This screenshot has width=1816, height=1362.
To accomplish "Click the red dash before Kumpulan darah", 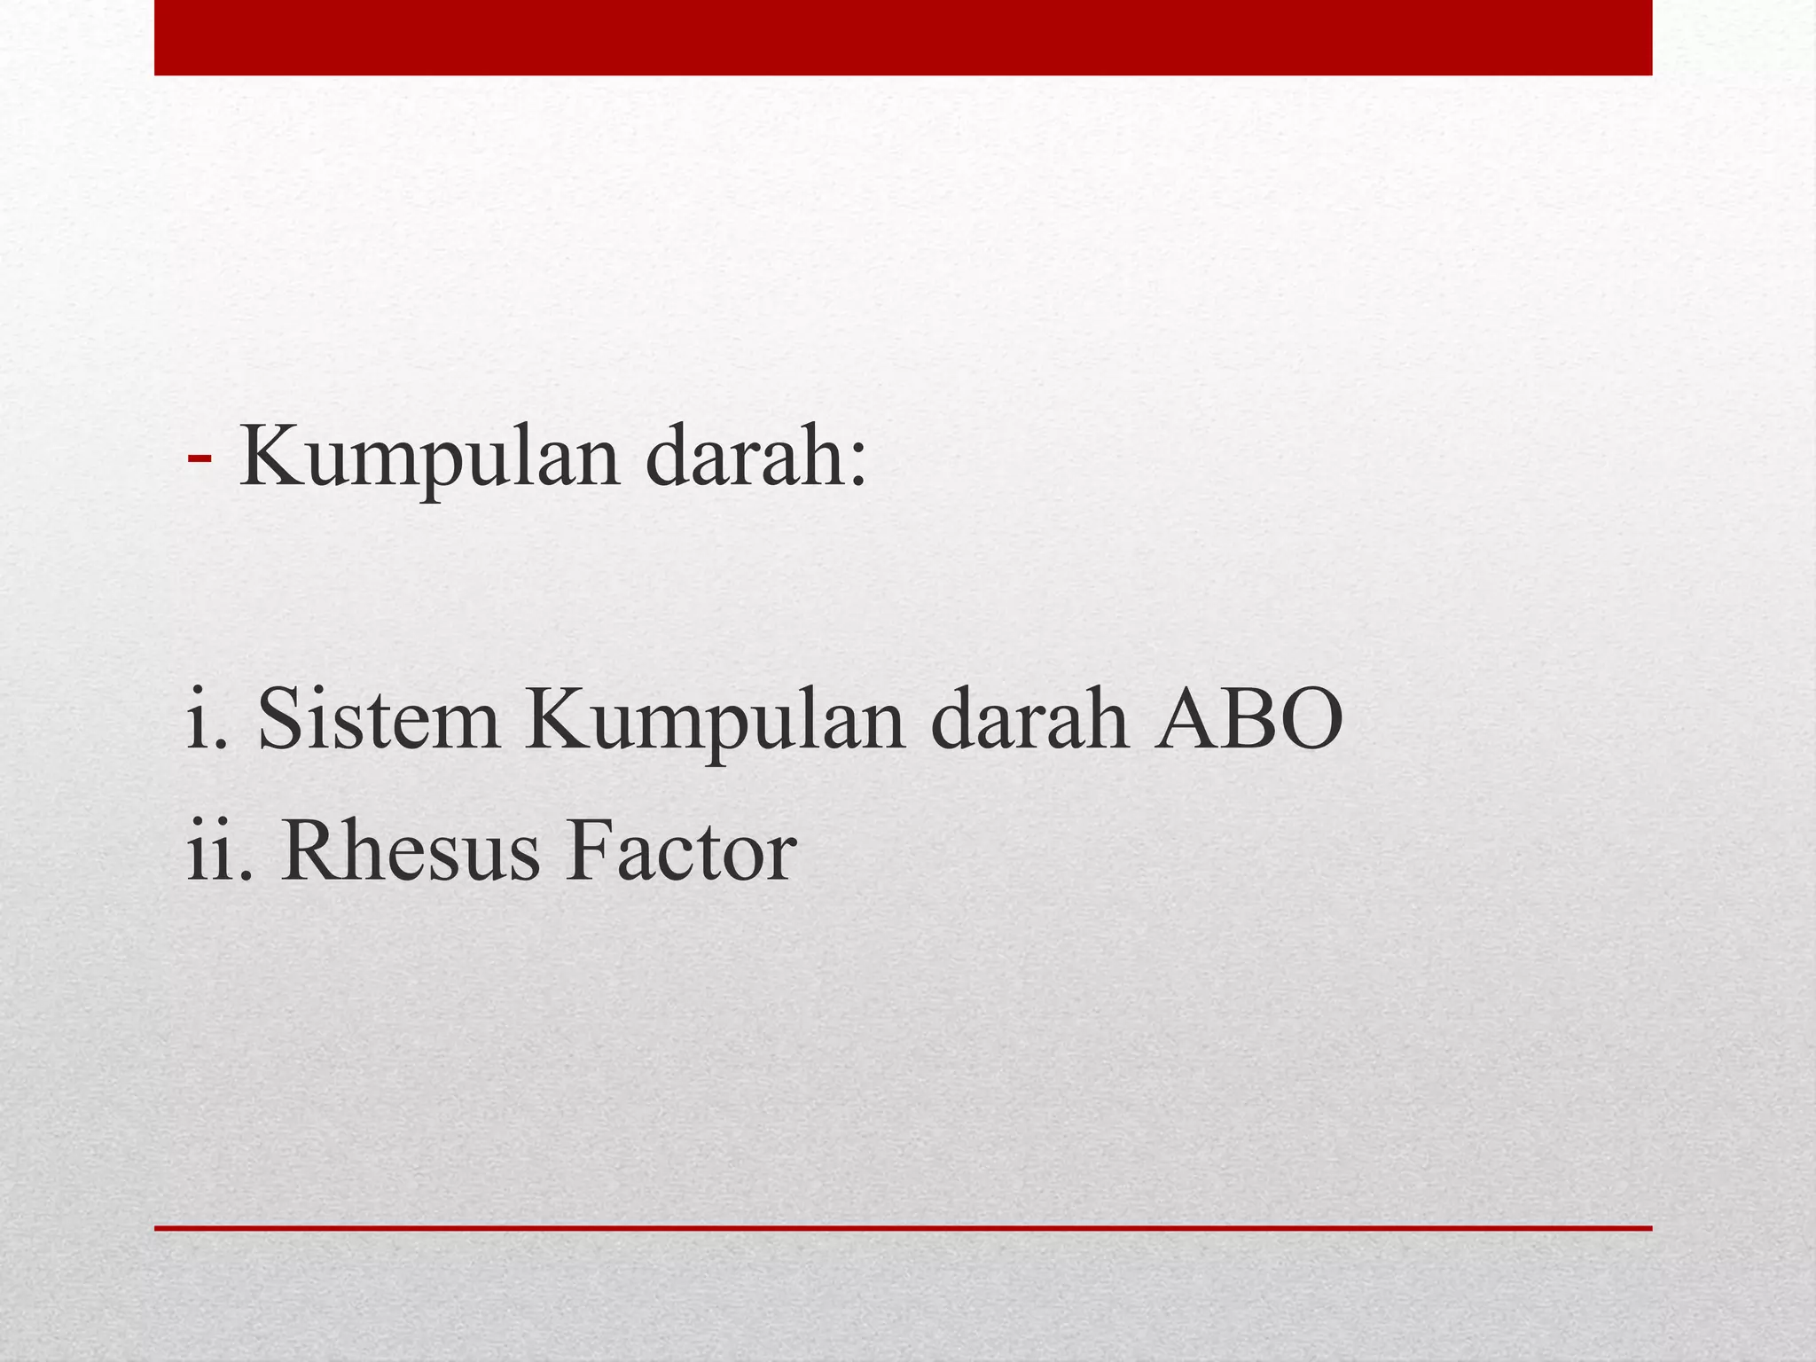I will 200,458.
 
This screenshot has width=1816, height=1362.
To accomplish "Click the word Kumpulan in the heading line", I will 429,458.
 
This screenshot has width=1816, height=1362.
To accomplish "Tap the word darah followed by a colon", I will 744,458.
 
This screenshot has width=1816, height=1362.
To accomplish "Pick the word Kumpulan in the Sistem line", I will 715,723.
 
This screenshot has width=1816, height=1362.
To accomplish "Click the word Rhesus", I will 410,851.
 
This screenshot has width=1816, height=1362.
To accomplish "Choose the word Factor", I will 681,851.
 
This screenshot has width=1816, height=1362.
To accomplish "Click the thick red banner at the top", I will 903,37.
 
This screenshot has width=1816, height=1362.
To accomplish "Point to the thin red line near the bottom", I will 903,1228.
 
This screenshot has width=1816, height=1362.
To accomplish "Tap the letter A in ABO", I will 1186,719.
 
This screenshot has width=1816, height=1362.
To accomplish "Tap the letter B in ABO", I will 1243,719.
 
